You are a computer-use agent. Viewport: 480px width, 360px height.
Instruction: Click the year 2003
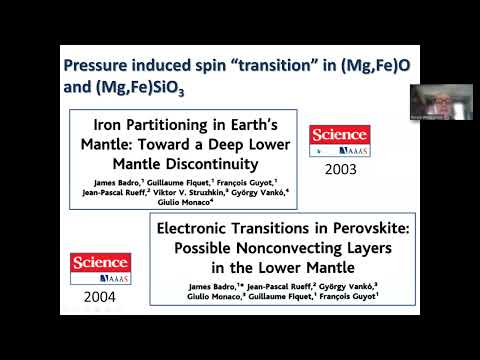point(340,169)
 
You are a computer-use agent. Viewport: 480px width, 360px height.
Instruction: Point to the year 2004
point(100,297)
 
